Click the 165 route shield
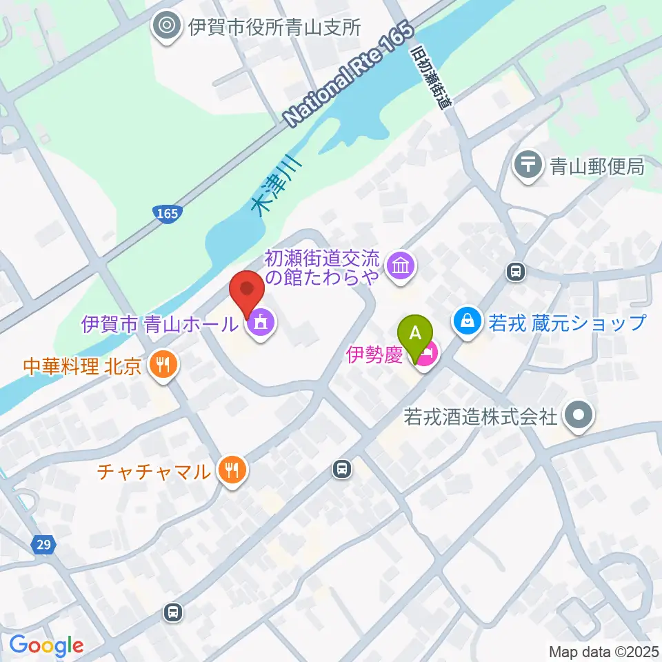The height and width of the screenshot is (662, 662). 166,214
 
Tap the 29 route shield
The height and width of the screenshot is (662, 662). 43,545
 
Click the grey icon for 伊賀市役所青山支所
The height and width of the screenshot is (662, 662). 165,27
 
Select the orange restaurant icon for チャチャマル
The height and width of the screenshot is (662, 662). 231,471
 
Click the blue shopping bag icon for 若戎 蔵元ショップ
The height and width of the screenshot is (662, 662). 467,321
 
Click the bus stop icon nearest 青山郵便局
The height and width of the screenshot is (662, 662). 514,272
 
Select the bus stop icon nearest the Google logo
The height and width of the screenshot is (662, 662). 172,611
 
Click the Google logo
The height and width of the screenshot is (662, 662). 46,645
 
